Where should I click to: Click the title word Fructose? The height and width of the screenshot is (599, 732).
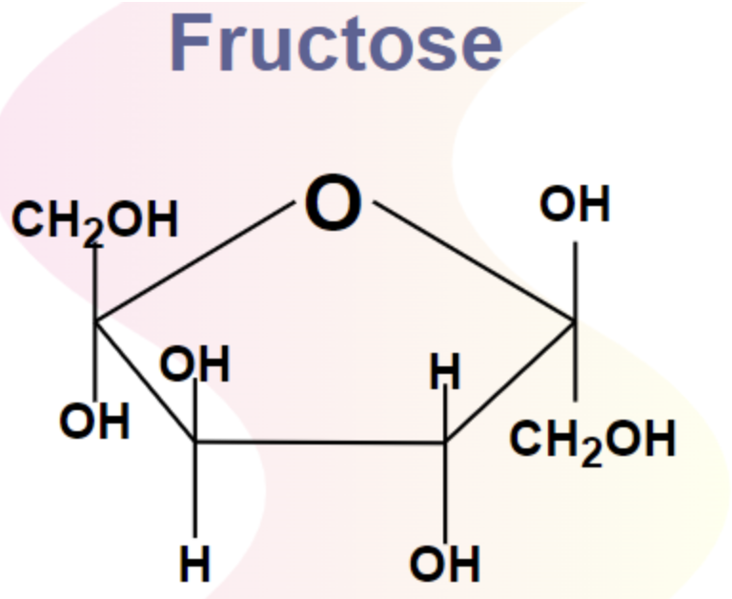click(x=335, y=44)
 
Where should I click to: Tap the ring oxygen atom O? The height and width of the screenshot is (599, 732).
click(x=333, y=204)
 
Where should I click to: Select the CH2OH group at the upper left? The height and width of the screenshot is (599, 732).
click(x=95, y=222)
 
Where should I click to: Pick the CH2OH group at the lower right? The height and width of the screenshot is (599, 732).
click(x=594, y=441)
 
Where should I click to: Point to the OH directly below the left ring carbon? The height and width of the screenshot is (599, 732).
click(x=94, y=422)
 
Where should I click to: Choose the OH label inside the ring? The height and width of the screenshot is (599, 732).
click(x=195, y=365)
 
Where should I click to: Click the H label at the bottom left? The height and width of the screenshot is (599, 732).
click(x=195, y=566)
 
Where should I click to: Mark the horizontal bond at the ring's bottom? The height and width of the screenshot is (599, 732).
click(x=320, y=442)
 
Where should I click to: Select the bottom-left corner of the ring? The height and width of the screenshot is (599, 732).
click(x=195, y=442)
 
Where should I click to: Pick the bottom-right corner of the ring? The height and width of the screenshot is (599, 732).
click(x=445, y=442)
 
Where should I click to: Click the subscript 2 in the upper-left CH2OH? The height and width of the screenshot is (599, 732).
click(x=92, y=234)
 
